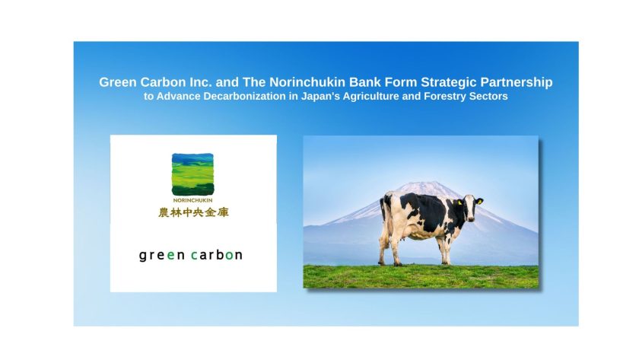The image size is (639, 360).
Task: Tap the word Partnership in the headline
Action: pyautogui.click(x=517, y=83)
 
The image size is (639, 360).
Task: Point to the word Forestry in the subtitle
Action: pyautogui.click(x=445, y=97)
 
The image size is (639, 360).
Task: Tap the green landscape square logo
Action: pyautogui.click(x=192, y=174)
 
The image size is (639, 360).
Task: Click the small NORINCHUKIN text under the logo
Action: pyautogui.click(x=192, y=201)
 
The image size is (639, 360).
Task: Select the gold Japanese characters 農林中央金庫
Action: pyautogui.click(x=193, y=212)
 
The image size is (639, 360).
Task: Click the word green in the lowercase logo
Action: pyautogui.click(x=162, y=256)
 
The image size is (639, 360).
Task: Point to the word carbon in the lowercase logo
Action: pyautogui.click(x=217, y=255)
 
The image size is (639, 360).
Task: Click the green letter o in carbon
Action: pyautogui.click(x=229, y=256)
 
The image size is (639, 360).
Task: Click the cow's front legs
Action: pyautogui.click(x=444, y=250)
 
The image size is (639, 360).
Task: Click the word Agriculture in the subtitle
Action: pyautogui.click(x=380, y=97)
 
